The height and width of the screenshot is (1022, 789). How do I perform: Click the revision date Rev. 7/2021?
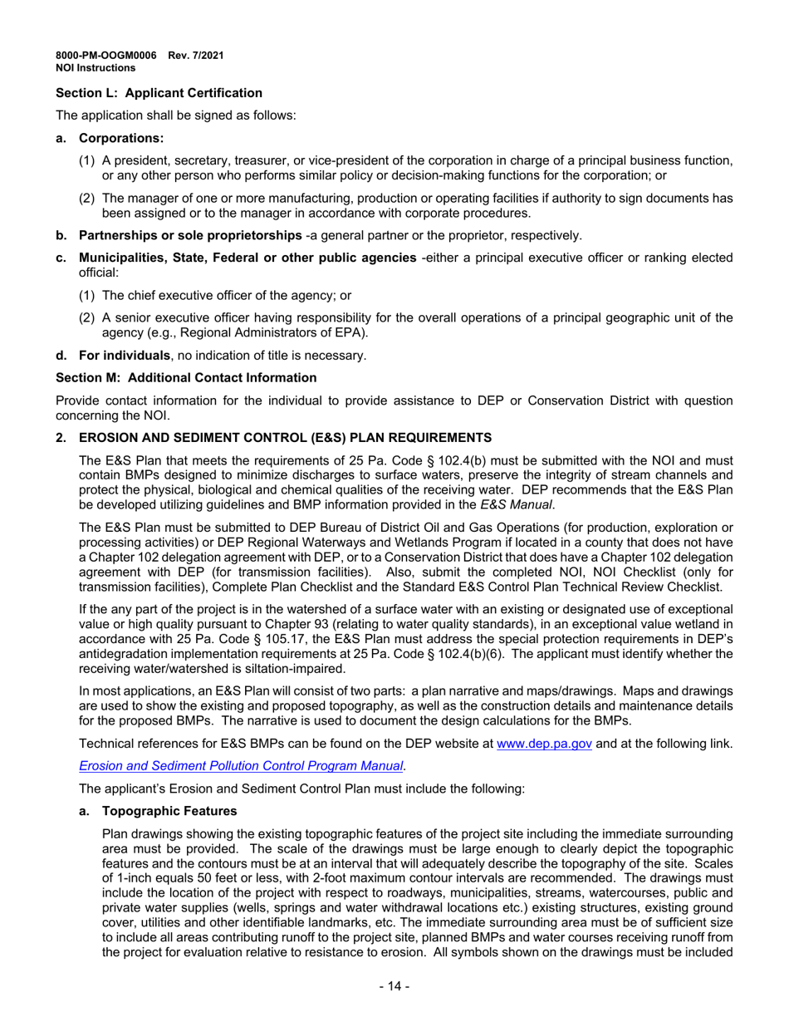pyautogui.click(x=196, y=56)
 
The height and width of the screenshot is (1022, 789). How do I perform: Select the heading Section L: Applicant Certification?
pyautogui.click(x=159, y=93)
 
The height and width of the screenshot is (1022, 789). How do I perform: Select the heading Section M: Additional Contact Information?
pyautogui.click(x=186, y=377)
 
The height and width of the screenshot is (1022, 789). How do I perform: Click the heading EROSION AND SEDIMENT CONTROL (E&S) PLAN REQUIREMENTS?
pyautogui.click(x=285, y=437)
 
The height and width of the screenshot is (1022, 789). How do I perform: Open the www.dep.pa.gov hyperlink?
pyautogui.click(x=544, y=744)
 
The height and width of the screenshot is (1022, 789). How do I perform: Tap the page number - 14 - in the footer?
pyautogui.click(x=394, y=986)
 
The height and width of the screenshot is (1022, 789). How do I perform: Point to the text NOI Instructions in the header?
pyautogui.click(x=96, y=68)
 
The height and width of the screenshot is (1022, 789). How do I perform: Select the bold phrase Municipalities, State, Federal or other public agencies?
pyautogui.click(x=247, y=258)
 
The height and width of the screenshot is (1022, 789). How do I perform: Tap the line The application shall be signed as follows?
pyautogui.click(x=175, y=115)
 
